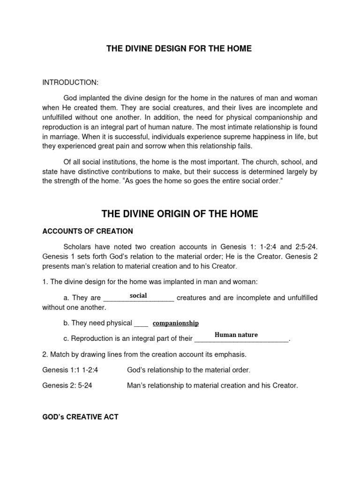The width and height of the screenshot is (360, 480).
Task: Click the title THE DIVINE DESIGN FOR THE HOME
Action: coord(180,49)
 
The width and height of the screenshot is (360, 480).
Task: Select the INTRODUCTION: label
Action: coord(70,82)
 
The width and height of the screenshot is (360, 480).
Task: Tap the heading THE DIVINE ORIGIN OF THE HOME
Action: coord(180,214)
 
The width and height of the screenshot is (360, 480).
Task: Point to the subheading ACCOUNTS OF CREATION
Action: coord(88,231)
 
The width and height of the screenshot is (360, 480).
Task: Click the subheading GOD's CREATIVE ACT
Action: coord(80,416)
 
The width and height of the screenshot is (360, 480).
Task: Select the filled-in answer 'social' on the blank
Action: coord(138,296)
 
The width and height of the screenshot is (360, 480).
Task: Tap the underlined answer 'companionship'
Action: coord(176,323)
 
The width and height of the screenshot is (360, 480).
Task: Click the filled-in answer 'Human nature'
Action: coord(236,335)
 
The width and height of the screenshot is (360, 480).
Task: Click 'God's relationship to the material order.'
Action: coord(188,370)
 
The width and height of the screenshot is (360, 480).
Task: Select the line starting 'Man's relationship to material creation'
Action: coord(212,386)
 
